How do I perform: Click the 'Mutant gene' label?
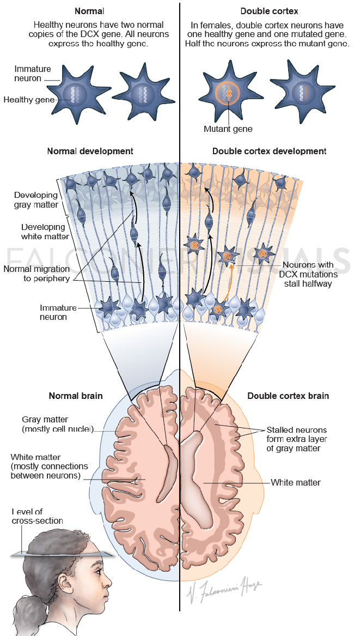click(x=228, y=129)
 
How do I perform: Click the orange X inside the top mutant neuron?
click(x=229, y=94)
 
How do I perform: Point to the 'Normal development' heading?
click(x=90, y=151)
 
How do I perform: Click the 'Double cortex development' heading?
click(x=269, y=151)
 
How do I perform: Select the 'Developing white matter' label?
click(x=43, y=232)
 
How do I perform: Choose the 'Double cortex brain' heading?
click(x=288, y=396)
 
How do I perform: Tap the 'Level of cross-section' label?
click(x=37, y=517)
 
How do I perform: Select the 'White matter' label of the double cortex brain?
click(x=296, y=482)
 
